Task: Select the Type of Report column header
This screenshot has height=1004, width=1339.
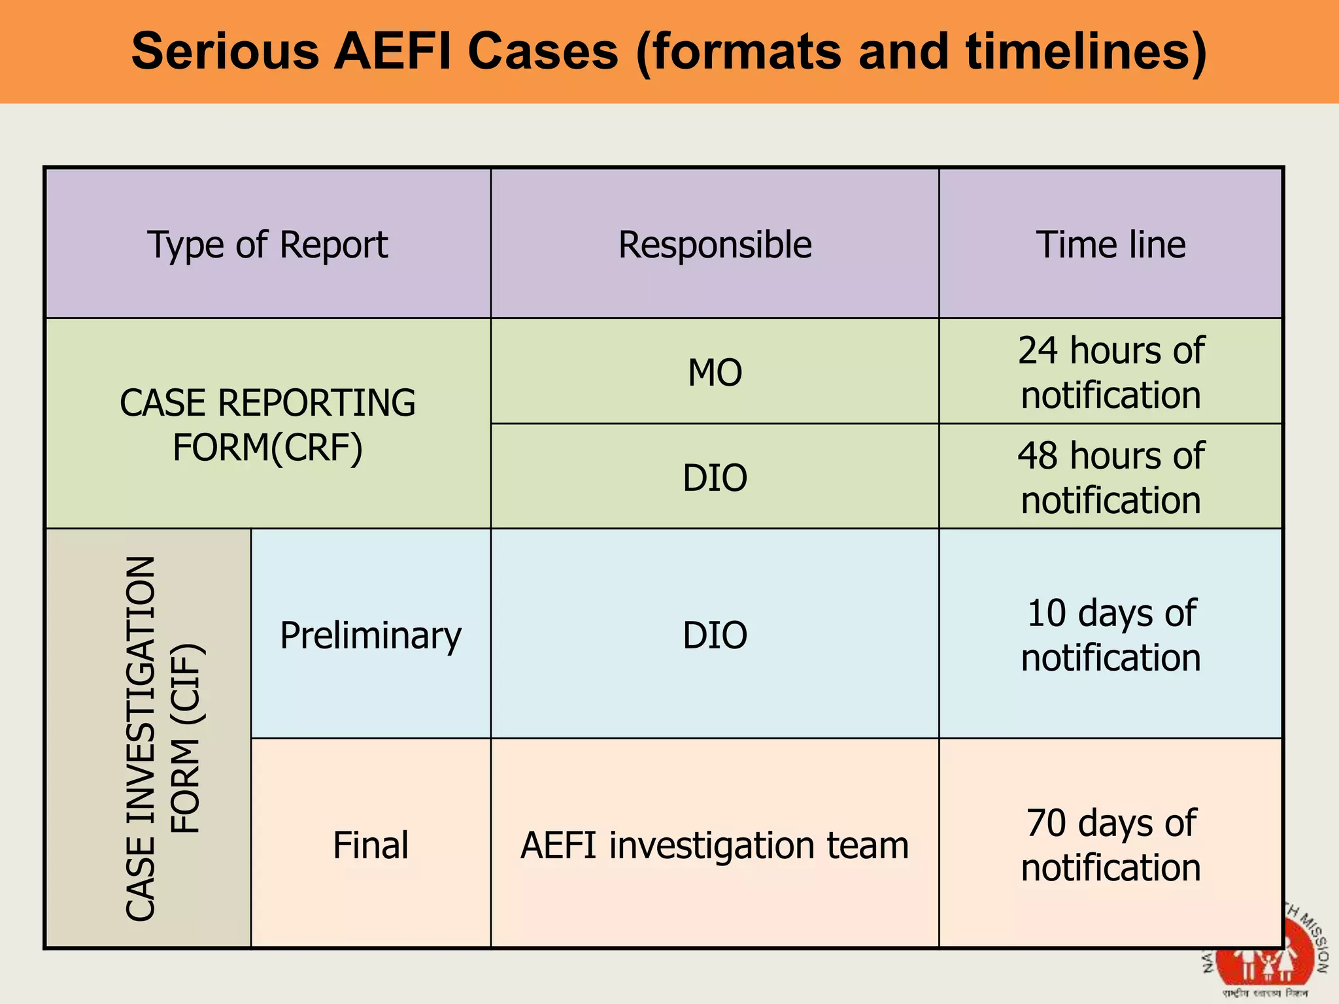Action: pos(267,244)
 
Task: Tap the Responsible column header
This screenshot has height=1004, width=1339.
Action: pos(715,244)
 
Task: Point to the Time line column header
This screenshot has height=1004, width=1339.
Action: pos(1111,244)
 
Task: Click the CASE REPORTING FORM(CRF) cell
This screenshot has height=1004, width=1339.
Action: pos(267,425)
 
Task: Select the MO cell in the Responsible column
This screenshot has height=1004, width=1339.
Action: pos(715,373)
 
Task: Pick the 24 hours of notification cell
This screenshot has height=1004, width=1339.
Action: pos(1111,373)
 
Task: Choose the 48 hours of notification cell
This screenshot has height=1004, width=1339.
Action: pos(1111,477)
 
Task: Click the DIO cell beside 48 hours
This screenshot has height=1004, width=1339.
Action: pos(715,477)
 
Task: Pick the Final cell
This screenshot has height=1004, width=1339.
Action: pos(371,845)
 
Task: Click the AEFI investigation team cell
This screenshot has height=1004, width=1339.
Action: pos(715,845)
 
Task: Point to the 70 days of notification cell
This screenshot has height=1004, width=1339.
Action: pos(1111,845)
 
